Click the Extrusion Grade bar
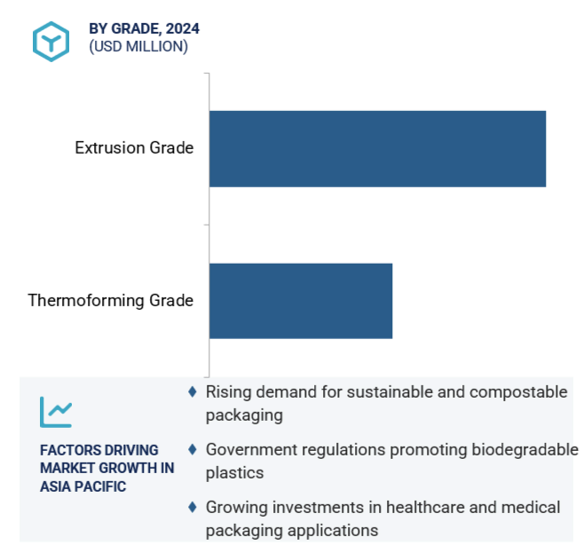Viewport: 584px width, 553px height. click(x=377, y=148)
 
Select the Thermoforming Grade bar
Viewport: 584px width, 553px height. click(x=301, y=301)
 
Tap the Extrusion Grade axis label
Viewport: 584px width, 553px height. click(x=134, y=148)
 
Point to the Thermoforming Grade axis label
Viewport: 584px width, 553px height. click(x=111, y=301)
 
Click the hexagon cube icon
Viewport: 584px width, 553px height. click(x=51, y=42)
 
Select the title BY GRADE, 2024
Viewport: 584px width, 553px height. click(x=144, y=28)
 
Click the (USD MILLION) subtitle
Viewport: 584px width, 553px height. click(x=138, y=46)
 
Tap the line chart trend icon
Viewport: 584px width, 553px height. click(x=56, y=412)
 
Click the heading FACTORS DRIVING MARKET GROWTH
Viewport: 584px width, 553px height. click(x=107, y=459)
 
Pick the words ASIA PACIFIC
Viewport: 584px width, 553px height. click(x=83, y=486)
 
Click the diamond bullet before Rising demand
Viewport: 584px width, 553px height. click(x=193, y=391)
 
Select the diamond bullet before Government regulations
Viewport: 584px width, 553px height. click(x=193, y=449)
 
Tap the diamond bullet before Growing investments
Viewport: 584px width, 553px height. click(x=193, y=507)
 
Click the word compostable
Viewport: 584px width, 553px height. click(x=518, y=392)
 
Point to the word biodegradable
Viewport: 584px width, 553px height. click(x=525, y=450)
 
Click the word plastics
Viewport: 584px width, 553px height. click(x=234, y=473)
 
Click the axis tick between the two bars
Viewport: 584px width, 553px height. click(x=206, y=225)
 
